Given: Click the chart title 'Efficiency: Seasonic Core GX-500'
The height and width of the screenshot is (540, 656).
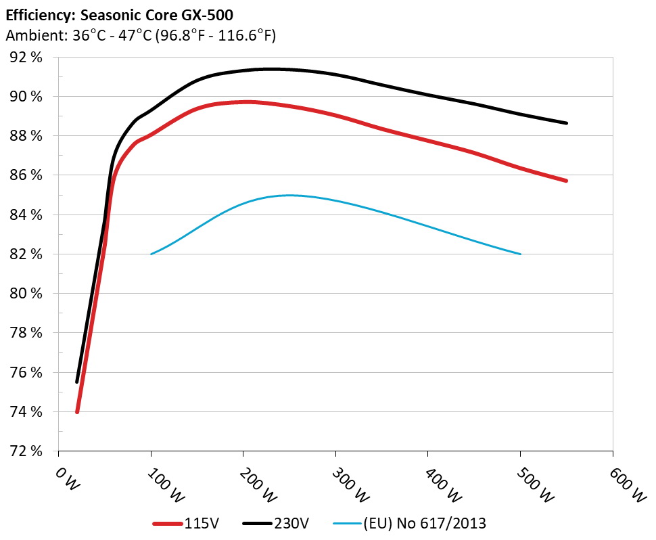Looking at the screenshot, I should point(119,14).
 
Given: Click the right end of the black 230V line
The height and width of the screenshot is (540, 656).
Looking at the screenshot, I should point(566,123).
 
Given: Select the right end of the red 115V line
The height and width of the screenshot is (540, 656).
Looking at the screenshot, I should point(566,181).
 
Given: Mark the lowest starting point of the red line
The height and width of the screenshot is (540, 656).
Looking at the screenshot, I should point(77,411).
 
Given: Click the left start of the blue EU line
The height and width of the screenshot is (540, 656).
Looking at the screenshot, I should point(151,254).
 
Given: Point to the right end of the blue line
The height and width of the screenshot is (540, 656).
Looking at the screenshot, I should point(520,254).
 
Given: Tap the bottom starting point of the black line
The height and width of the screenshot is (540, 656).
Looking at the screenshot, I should point(77,382).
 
